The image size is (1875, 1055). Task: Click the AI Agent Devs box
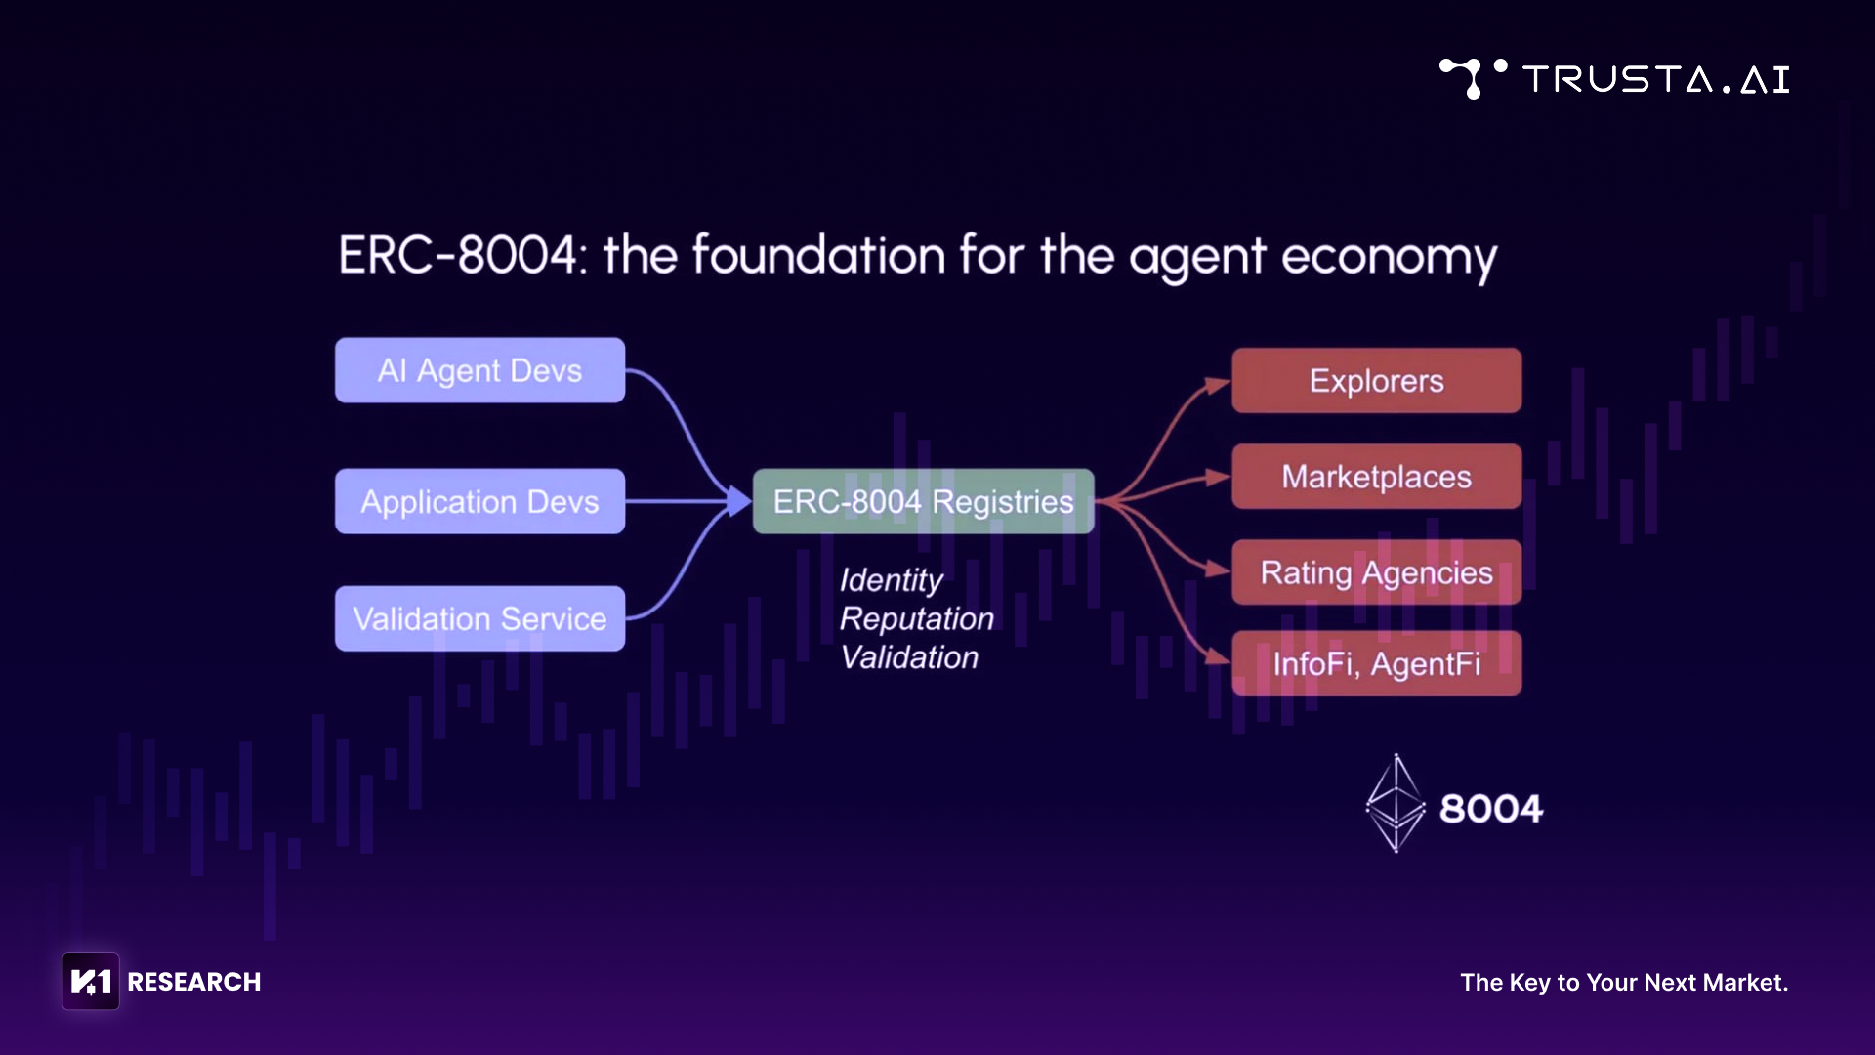pyautogui.click(x=479, y=370)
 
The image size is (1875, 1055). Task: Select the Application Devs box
pyautogui.click(x=479, y=501)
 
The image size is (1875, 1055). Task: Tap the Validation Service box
pyautogui.click(x=479, y=618)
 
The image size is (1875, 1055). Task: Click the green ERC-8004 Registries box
pyautogui.click(x=923, y=501)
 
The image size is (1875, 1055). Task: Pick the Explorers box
pyautogui.click(x=1376, y=381)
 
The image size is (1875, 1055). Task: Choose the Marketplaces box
pyautogui.click(x=1376, y=477)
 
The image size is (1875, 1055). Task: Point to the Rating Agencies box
pyautogui.click(x=1376, y=572)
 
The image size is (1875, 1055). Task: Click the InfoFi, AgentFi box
pyautogui.click(x=1376, y=664)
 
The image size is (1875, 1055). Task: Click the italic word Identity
pyautogui.click(x=891, y=580)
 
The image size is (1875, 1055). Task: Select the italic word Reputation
pyautogui.click(x=916, y=618)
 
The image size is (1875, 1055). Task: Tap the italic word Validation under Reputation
pyautogui.click(x=909, y=657)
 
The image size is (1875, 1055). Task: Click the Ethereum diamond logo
pyautogui.click(x=1396, y=803)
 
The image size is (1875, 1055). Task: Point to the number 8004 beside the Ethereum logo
pyautogui.click(x=1490, y=809)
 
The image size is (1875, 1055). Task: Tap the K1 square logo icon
pyautogui.click(x=91, y=981)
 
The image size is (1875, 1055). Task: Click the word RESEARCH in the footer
pyautogui.click(x=194, y=982)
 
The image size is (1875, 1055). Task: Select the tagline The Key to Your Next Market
pyautogui.click(x=1623, y=983)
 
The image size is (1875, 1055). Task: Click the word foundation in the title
pyautogui.click(x=818, y=256)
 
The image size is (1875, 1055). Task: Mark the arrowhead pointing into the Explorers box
pyautogui.click(x=1218, y=385)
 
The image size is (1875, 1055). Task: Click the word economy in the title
pyautogui.click(x=1388, y=258)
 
